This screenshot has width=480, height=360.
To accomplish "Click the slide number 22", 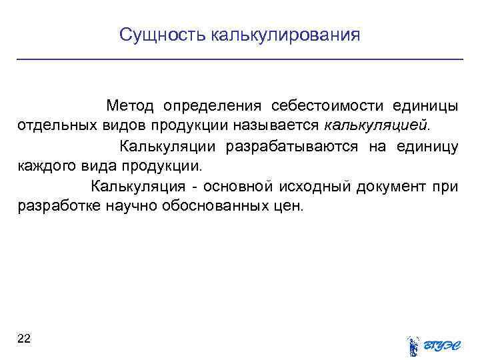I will point(24,339).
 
